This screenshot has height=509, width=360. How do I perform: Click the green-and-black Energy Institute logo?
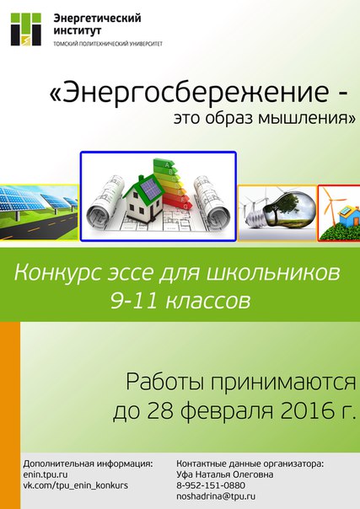[26, 29]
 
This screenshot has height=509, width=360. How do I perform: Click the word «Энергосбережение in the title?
[189, 92]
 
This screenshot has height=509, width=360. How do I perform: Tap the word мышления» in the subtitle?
[306, 118]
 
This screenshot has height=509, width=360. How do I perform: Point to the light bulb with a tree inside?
[280, 211]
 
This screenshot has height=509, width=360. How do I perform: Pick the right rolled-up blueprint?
[212, 202]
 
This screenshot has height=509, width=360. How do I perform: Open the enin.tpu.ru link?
[46, 474]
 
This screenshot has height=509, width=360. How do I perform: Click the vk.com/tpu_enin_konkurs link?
[75, 485]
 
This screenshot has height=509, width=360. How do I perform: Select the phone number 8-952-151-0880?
[211, 485]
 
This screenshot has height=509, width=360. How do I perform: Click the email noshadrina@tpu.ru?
[216, 496]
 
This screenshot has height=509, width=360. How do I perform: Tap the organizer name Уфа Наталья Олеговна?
[224, 474]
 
